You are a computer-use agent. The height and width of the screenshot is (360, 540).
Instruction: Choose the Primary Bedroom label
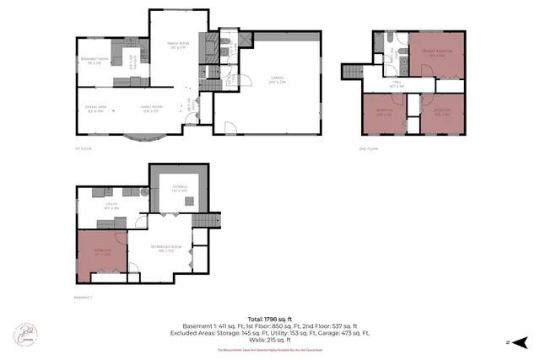pyautogui.click(x=436, y=55)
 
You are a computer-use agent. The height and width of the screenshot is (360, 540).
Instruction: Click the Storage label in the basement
pyautogui.click(x=179, y=189)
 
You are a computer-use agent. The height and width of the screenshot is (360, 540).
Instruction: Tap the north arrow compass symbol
pyautogui.click(x=520, y=341)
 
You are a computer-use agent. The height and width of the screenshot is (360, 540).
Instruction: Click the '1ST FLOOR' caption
pyautogui.click(x=83, y=148)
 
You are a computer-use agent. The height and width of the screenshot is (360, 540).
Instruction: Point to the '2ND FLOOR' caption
pyautogui.click(x=368, y=148)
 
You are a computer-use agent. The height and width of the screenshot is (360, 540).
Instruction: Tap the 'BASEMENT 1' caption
pyautogui.click(x=85, y=298)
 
